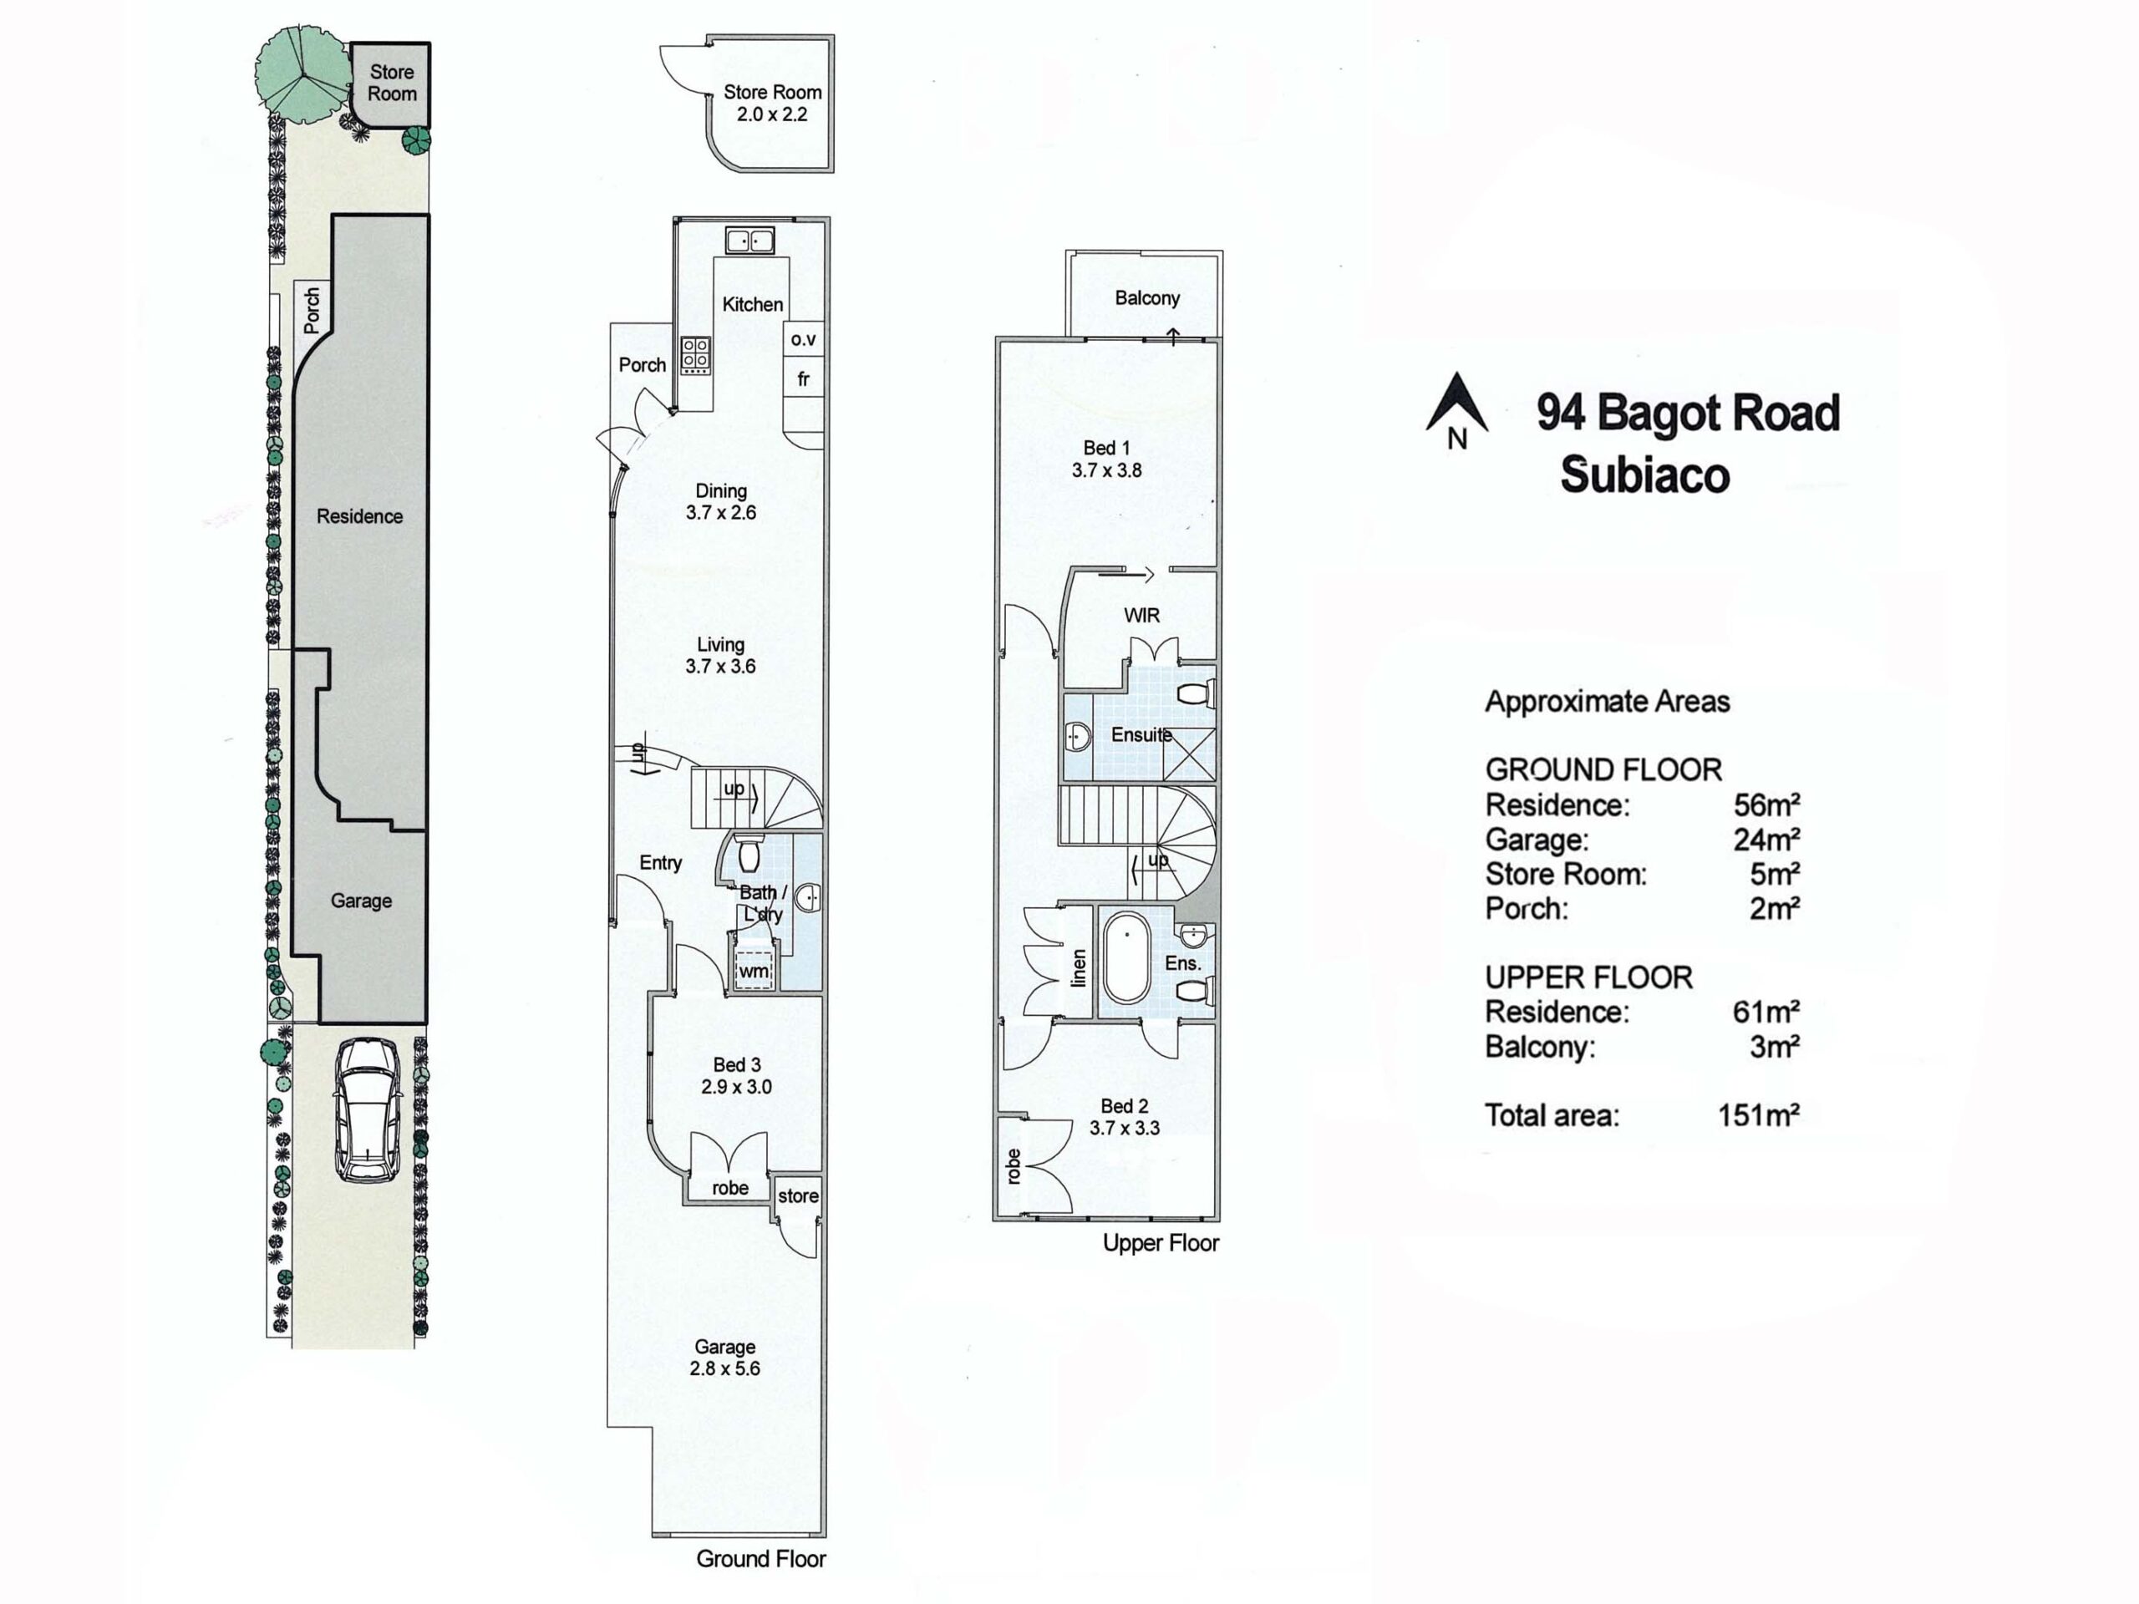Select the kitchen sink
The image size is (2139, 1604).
[x=749, y=240]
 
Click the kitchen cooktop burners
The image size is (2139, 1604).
[x=695, y=355]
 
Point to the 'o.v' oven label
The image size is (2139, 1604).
[x=804, y=339]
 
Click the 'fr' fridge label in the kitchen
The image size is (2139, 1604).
[x=803, y=379]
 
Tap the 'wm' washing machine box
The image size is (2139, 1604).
[x=754, y=970]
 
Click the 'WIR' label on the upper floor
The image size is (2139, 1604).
[x=1141, y=615]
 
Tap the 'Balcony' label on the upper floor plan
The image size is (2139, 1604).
[x=1147, y=297]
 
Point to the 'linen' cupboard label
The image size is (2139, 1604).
[x=1080, y=967]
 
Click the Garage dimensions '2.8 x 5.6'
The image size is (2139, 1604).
[x=725, y=1368]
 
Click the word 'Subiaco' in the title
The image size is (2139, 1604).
[x=1645, y=475]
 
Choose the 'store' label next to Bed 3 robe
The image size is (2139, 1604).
[x=798, y=1196]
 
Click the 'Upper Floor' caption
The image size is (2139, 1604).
[x=1161, y=1243]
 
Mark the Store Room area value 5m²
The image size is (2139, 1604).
[x=1775, y=874]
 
